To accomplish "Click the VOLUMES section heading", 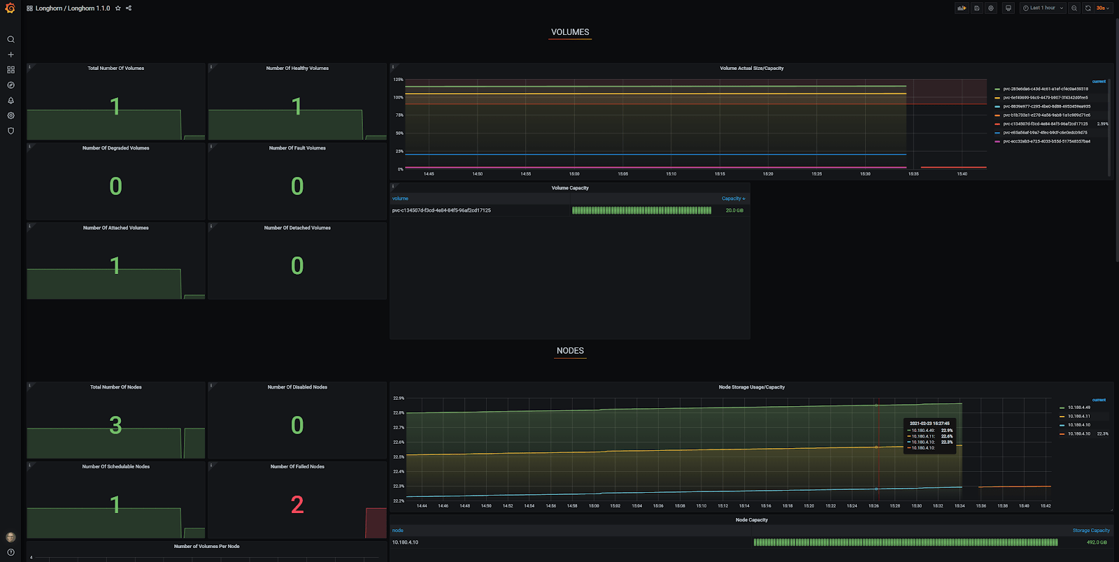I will point(570,32).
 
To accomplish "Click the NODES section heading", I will point(570,351).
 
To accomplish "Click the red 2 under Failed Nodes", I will point(297,505).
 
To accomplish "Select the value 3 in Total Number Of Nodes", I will point(115,425).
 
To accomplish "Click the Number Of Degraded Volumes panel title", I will point(115,148).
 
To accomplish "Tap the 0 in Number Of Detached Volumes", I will point(297,266).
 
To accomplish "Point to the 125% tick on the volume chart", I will point(399,80).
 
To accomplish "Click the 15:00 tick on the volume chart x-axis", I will point(574,174).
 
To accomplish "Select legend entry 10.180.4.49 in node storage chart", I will point(1078,408).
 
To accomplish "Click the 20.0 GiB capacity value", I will point(734,210).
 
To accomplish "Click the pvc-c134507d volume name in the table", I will point(441,210).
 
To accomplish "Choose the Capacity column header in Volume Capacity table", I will point(732,199).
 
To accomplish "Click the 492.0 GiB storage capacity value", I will point(1097,542).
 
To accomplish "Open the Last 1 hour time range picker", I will point(1042,8).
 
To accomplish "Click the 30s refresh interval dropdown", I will point(1103,8).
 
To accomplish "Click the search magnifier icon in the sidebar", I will point(10,40).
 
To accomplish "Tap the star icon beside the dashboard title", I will point(118,8).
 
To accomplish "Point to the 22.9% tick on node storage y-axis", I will point(399,398).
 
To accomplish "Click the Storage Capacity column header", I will point(1091,531).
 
